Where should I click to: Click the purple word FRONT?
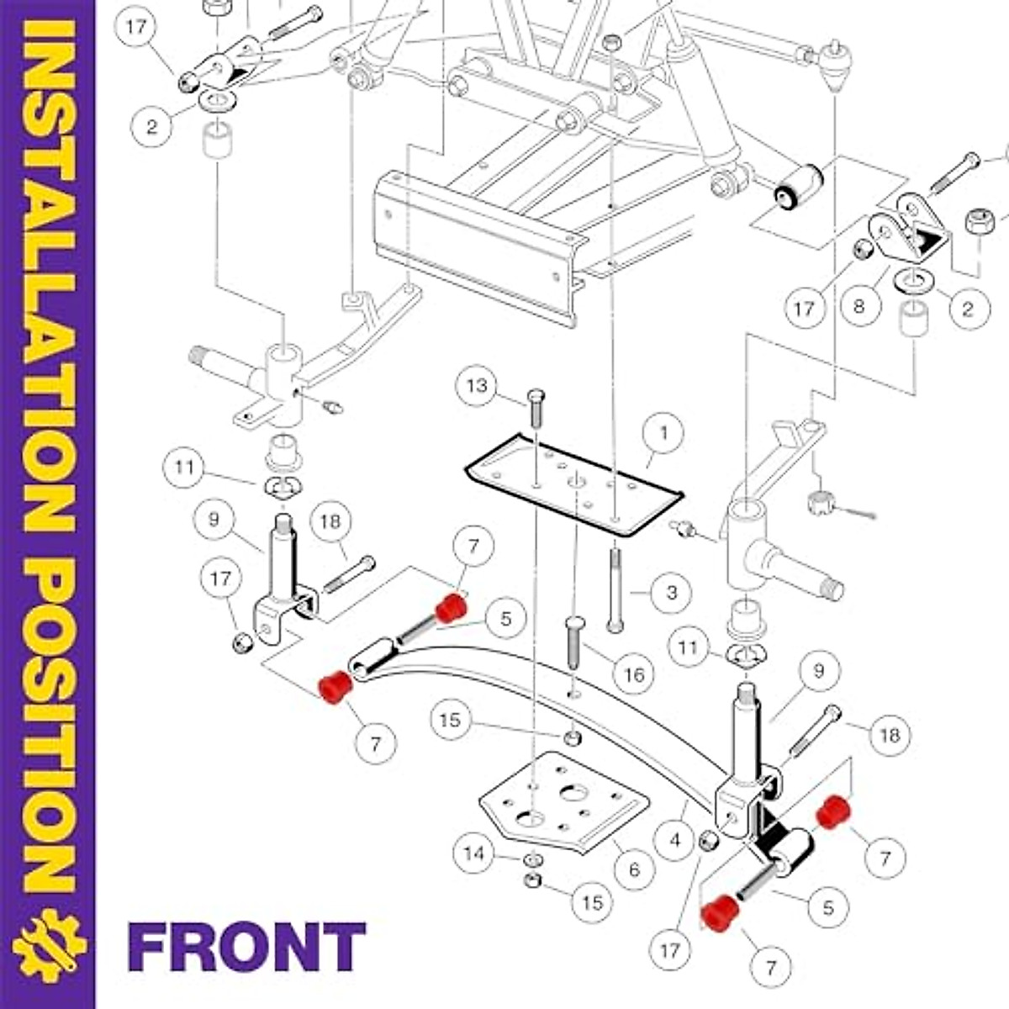pyautogui.click(x=246, y=946)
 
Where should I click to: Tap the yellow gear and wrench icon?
pyautogui.click(x=48, y=946)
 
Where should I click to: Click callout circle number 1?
pyautogui.click(x=663, y=434)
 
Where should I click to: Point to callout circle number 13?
pyautogui.click(x=477, y=386)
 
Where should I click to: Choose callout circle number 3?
pyautogui.click(x=671, y=593)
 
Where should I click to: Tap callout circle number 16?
pyautogui.click(x=633, y=674)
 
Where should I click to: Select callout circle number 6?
pyautogui.click(x=634, y=869)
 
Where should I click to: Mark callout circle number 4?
pyautogui.click(x=675, y=838)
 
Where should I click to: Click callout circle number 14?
pyautogui.click(x=474, y=854)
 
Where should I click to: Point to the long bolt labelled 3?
pyautogui.click(x=615, y=589)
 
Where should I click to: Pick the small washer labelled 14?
pyautogui.click(x=531, y=860)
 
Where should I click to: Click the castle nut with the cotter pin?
pyautogui.click(x=817, y=503)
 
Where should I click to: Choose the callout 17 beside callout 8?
pyautogui.click(x=804, y=309)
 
